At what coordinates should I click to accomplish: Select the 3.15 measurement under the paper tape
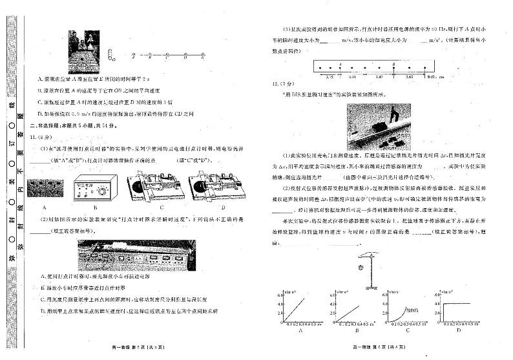point(330,76)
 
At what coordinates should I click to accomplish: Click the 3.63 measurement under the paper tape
point(410,76)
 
